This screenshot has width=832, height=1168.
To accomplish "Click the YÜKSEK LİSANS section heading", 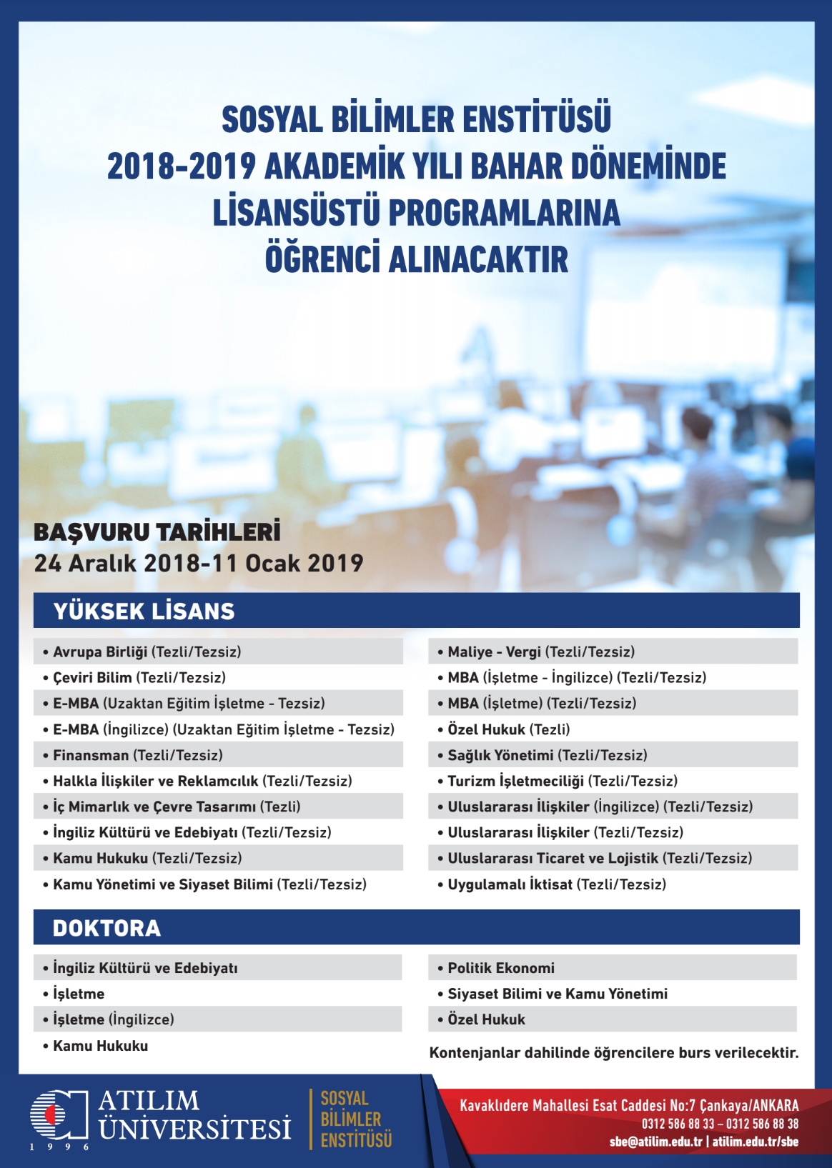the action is coord(144,611).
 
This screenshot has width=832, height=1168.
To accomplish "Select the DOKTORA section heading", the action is coord(107,928).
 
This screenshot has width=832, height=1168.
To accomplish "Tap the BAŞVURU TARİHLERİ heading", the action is coord(157,532).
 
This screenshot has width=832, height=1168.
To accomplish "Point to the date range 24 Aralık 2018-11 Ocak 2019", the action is coord(199,563).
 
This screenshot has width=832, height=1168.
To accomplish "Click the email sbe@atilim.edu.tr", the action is coord(656,1142).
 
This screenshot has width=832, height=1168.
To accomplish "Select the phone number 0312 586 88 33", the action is coord(678,1123).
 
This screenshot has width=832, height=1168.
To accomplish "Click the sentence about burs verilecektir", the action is coord(614,1053).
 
